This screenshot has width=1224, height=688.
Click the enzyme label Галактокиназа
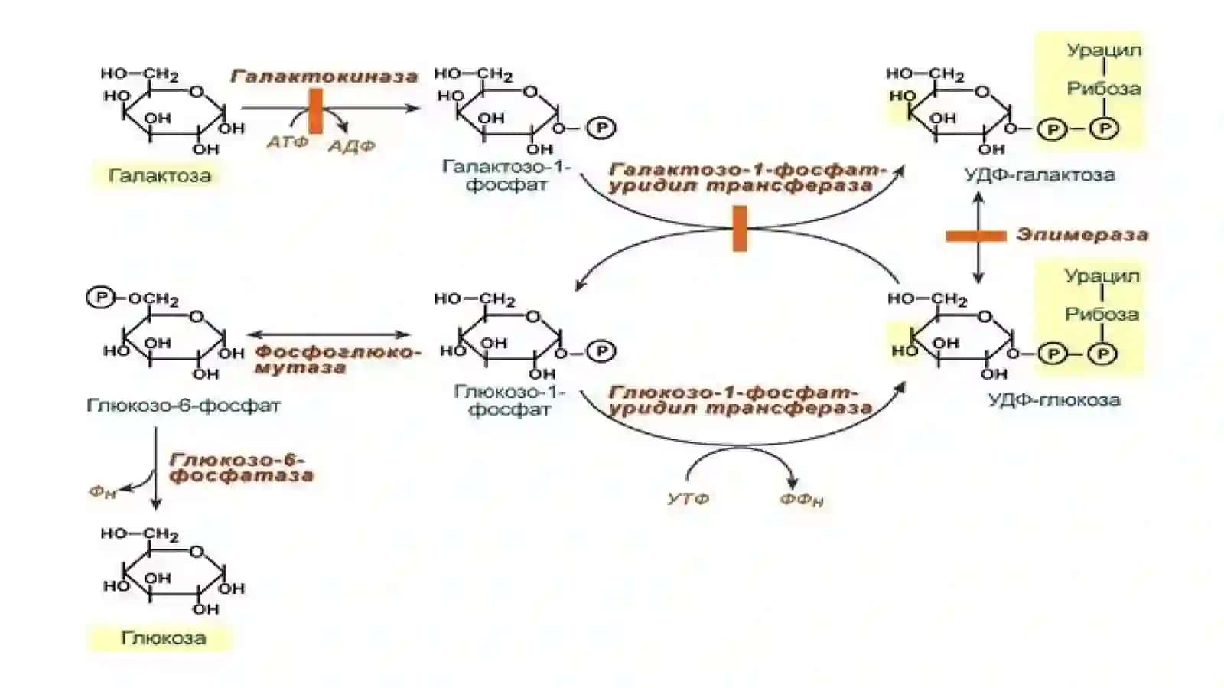pos(324,76)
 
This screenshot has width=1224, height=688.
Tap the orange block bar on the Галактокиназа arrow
pos(316,112)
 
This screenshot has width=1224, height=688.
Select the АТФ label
pos(288,142)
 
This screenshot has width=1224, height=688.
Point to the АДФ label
pos(352,146)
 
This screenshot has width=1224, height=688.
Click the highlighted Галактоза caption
pos(160,175)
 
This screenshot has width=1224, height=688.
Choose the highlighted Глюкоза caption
pos(164,637)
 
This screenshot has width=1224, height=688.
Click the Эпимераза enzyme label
pos(1082,234)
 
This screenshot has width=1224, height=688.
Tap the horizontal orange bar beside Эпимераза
pos(976,236)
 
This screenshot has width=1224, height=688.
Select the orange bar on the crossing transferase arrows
pos(739,228)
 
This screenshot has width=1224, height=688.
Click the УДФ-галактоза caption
pos(1040,174)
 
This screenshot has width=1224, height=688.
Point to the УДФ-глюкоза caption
pos(1054,400)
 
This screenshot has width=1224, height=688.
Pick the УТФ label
pos(688,498)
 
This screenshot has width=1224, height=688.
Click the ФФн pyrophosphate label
pos(801,500)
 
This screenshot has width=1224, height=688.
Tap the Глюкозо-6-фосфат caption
pos(184,406)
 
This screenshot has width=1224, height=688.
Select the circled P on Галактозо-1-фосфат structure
pos(601,128)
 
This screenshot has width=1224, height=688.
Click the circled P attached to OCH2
pos(101,298)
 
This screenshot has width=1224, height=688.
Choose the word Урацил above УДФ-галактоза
pos(1105,51)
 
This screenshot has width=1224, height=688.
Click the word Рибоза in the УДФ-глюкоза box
pos(1102,315)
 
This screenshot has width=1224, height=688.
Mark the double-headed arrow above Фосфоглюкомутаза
pos(329,334)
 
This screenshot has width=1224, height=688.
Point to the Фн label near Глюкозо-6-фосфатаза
pos(103,492)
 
